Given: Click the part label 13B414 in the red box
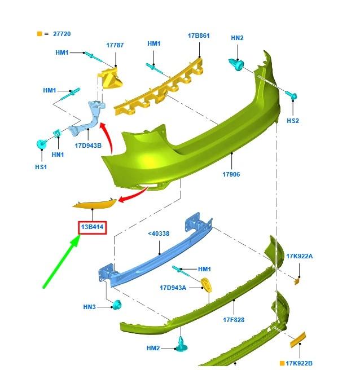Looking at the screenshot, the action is [x=93, y=227].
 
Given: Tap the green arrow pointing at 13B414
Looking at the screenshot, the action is [x=62, y=262].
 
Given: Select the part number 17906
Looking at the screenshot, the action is [x=231, y=174].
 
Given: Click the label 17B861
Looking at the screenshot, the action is [x=199, y=36].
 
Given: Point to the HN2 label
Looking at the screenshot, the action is [x=237, y=38].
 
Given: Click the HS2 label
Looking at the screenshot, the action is [x=293, y=121].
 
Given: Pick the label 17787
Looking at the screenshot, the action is [x=115, y=45].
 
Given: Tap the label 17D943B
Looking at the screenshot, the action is [x=88, y=146].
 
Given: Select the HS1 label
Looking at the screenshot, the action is [x=41, y=167].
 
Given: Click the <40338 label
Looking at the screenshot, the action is [x=159, y=234].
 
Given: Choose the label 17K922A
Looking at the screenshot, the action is [x=299, y=256].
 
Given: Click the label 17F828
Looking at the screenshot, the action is [x=234, y=320].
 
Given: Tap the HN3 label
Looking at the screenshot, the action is [x=89, y=307].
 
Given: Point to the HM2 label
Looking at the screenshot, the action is [x=153, y=348].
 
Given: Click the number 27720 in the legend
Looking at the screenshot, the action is [x=62, y=34].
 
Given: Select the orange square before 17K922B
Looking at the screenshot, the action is [x=282, y=363].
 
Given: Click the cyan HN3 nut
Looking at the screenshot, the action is [x=117, y=305].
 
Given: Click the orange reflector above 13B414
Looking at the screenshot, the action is [x=94, y=203].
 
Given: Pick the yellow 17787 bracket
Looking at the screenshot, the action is [x=111, y=78].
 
